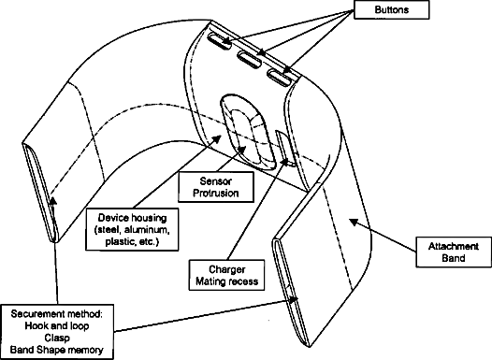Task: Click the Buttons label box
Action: point(391,9)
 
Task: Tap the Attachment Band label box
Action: point(454,252)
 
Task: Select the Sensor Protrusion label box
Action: point(216,187)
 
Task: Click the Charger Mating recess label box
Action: point(226,275)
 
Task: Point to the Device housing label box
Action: point(132,229)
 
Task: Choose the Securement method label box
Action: point(57,332)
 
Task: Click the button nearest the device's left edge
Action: point(219,41)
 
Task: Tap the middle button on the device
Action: point(249,59)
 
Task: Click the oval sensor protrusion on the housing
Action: point(248,133)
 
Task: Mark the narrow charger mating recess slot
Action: point(286,149)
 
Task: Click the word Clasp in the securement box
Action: point(57,338)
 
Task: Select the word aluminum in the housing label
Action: point(147,230)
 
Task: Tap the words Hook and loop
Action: point(57,325)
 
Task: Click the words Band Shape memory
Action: point(57,350)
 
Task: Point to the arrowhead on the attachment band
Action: point(354,222)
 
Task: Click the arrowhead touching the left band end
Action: point(53,201)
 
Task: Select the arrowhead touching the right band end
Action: point(294,299)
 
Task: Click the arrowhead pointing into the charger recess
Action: point(285,162)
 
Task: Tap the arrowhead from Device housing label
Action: point(218,138)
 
